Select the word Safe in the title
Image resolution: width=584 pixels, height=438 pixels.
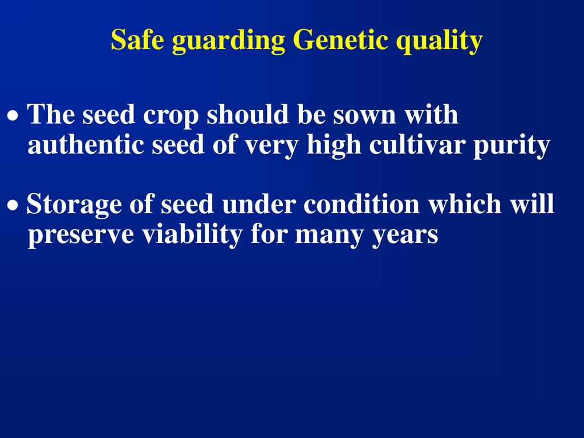click(137, 39)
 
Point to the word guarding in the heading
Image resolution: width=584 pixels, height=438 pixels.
click(228, 41)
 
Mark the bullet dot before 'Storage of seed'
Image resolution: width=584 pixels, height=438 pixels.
click(13, 205)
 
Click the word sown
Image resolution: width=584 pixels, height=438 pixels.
click(364, 116)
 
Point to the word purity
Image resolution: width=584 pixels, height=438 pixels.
click(512, 147)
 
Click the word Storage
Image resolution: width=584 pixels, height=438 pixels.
click(74, 205)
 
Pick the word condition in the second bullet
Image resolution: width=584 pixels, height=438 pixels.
click(361, 204)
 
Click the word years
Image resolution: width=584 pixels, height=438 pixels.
click(405, 237)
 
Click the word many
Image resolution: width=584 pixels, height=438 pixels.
click(329, 237)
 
